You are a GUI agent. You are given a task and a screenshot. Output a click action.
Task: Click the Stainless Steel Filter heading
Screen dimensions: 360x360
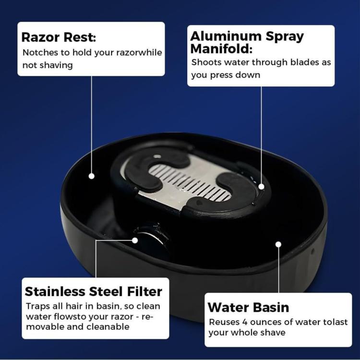(93, 291)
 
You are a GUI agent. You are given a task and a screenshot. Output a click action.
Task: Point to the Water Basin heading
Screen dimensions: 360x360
(248, 307)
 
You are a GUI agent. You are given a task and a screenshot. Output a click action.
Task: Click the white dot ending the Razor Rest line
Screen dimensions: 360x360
(91, 176)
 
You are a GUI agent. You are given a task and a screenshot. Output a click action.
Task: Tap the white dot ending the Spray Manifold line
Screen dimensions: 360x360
(261, 186)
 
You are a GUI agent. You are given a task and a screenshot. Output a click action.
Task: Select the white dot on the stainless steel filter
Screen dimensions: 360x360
(135, 240)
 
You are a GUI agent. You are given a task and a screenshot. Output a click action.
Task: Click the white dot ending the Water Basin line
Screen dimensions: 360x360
(278, 244)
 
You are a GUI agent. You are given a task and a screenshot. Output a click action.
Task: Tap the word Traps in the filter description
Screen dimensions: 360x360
(38, 306)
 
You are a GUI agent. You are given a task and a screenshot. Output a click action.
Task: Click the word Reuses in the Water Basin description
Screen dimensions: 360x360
(224, 322)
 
